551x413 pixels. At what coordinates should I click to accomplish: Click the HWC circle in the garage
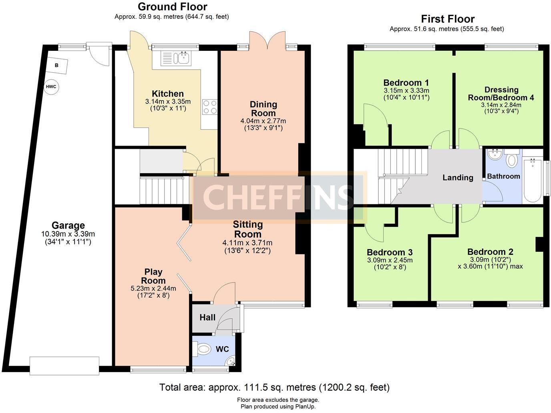point(51,87)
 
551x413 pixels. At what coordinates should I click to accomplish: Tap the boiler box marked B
point(57,66)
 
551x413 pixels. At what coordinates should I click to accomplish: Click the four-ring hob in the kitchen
point(209,107)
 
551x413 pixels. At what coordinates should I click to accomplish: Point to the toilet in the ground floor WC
point(203,349)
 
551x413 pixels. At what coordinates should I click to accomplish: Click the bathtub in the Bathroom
point(533,180)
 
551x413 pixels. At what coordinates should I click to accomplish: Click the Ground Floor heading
point(173,7)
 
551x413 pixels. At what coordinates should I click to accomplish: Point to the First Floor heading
point(448,19)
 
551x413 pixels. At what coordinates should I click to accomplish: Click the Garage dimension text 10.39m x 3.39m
point(68,234)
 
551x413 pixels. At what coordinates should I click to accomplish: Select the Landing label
point(458,178)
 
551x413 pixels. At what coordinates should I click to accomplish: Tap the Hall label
point(207,317)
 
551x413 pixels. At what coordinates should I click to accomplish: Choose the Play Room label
point(153,276)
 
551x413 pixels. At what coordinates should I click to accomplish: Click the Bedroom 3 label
point(390,252)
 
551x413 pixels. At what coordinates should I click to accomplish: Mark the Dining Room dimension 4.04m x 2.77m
point(263,121)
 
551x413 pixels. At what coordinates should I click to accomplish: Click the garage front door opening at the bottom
point(64,366)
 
